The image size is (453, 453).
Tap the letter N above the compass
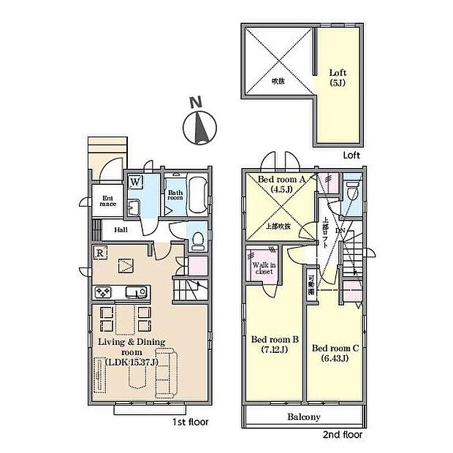193,103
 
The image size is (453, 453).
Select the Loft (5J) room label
337,77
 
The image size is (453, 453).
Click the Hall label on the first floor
121,229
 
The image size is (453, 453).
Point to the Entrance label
107,200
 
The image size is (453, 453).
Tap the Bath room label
175,194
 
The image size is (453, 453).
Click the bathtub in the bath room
195,195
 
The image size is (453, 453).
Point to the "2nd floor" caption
340,433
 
